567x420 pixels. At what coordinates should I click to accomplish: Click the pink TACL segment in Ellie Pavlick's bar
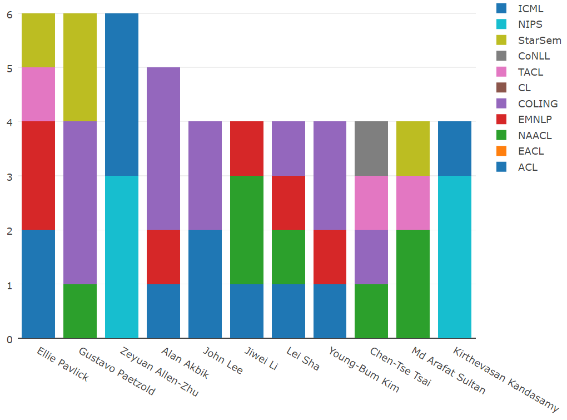click(x=38, y=95)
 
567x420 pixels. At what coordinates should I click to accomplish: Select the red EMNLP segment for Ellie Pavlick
click(x=38, y=176)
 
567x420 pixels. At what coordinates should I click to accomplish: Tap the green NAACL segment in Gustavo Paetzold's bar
click(x=80, y=311)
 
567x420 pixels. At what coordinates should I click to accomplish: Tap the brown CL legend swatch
click(x=502, y=88)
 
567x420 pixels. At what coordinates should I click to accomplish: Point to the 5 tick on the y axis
click(x=9, y=68)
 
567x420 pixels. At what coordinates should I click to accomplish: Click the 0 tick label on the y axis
click(x=9, y=339)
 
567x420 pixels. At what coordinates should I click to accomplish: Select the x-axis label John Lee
click(x=222, y=360)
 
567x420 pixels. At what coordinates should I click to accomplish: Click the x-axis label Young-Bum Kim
click(x=364, y=370)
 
